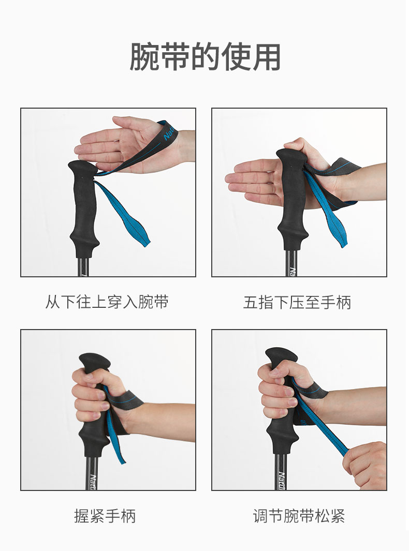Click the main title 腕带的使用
coord(204,57)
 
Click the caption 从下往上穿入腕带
coord(107,302)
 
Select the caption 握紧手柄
coord(105,516)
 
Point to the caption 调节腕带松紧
coord(299,516)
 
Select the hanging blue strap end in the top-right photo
coord(327,211)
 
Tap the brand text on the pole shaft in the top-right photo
coord(292,272)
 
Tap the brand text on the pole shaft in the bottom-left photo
coord(93,482)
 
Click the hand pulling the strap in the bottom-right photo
coord(366,465)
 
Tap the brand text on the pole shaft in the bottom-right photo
coord(282,480)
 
